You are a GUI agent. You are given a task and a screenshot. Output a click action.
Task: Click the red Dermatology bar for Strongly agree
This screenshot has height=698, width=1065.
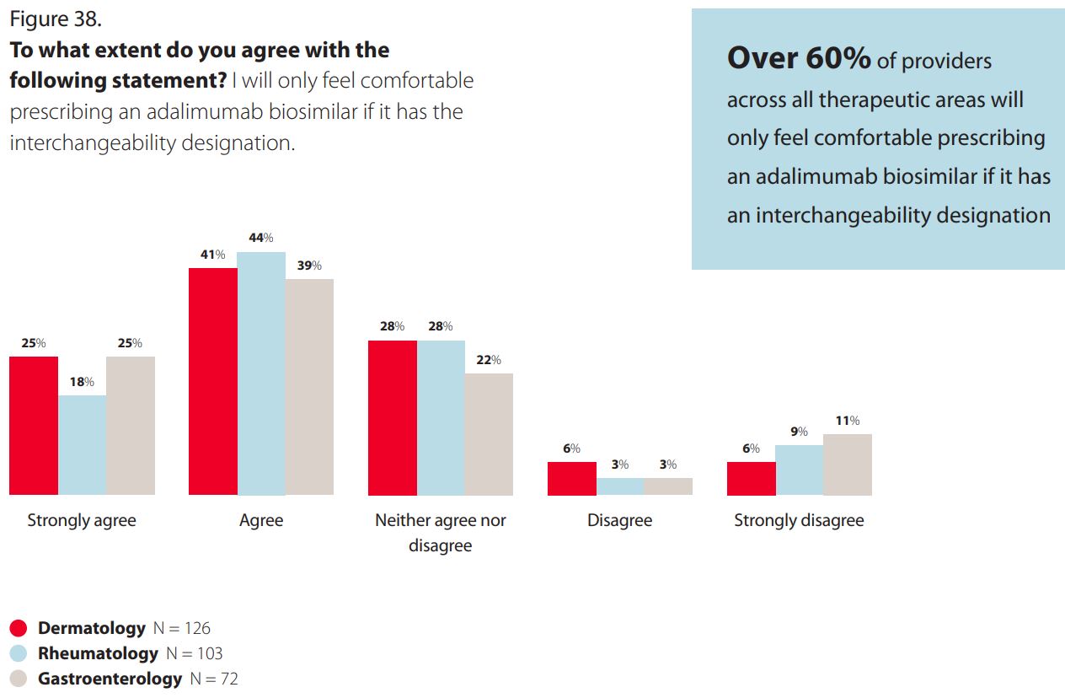34,426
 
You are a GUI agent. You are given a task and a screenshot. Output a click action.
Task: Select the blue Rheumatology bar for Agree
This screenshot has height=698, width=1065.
261,373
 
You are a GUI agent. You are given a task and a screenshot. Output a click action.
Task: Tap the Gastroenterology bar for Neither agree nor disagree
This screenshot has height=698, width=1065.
489,434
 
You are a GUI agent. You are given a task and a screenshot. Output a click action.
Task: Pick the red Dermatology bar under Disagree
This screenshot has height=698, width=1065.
572,479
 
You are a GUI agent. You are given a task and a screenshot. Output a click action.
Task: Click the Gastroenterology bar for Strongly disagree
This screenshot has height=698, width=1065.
848,464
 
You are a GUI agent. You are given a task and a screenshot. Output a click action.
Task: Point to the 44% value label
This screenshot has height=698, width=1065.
261,238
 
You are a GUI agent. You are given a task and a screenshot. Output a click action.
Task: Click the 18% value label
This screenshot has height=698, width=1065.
82,382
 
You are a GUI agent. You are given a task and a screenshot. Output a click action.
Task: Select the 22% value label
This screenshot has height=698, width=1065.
489,360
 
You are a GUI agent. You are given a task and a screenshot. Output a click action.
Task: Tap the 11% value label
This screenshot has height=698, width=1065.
848,421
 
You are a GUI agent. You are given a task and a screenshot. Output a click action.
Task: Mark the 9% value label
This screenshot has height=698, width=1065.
800,432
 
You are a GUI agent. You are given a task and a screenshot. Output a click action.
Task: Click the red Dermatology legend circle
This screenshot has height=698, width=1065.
18,628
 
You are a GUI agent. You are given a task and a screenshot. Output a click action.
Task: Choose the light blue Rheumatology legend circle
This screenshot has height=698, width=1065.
18,653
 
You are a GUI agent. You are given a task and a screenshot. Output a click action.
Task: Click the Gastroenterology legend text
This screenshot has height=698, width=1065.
110,679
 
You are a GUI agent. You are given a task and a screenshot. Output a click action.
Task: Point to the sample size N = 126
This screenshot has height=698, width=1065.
182,628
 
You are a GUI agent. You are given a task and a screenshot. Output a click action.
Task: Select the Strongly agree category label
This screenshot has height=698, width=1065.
82,520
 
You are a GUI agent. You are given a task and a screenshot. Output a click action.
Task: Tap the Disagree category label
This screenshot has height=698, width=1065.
619,520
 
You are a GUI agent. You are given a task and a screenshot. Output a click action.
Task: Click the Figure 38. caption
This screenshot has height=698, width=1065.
56,19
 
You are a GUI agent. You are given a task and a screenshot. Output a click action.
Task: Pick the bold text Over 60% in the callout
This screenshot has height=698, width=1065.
799,58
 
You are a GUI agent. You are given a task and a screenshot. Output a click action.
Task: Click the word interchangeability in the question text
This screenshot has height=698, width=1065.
93,142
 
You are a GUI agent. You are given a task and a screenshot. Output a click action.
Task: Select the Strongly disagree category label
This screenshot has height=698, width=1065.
800,520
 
